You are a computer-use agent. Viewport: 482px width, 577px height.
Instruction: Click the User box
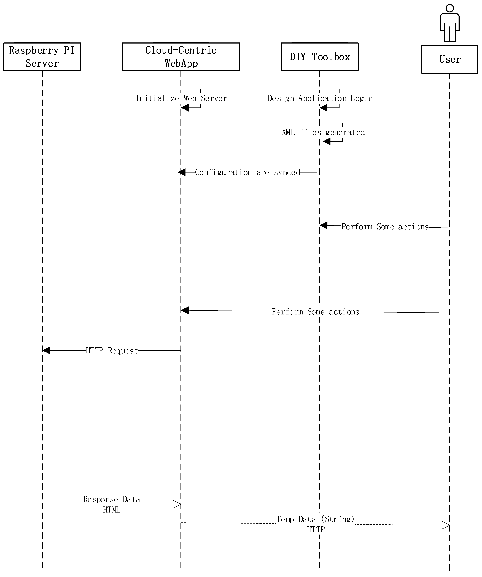(450, 59)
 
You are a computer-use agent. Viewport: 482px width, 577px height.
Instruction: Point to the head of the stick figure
(450, 8)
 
